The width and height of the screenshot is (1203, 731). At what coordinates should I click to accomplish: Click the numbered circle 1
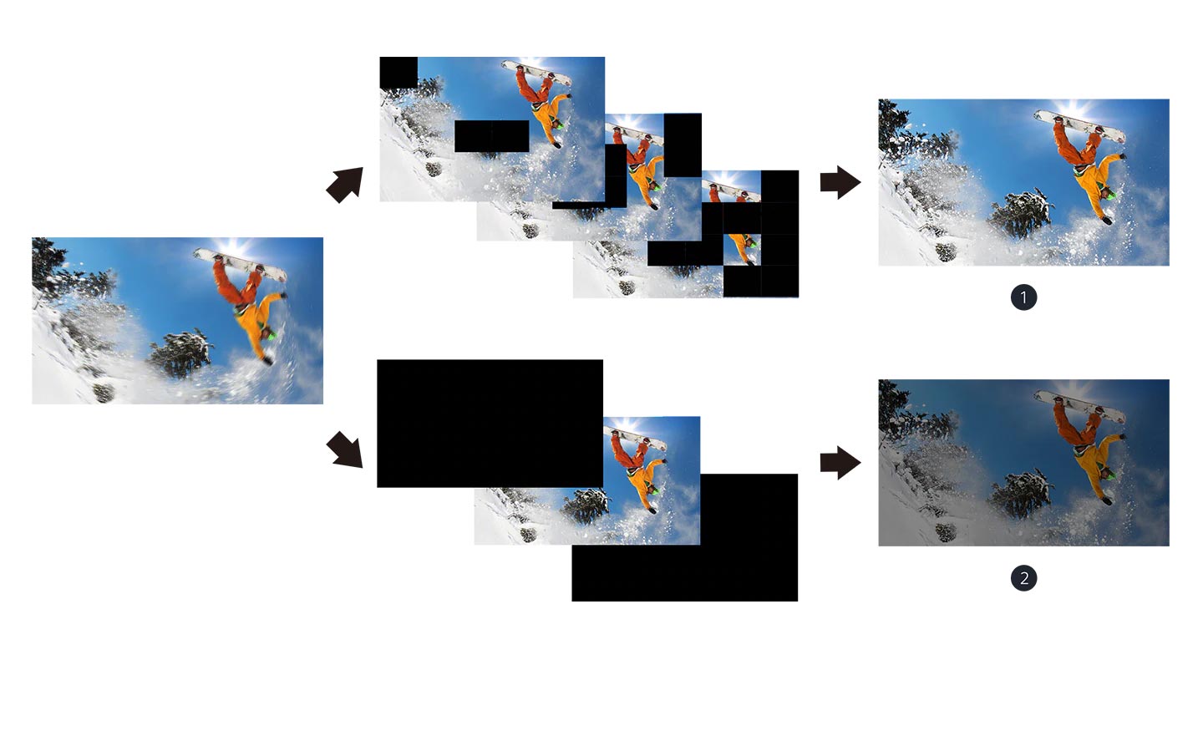coord(1023,297)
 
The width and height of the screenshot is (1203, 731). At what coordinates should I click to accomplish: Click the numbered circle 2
coord(1023,578)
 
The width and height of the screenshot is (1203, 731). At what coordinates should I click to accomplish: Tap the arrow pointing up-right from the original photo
coord(345,185)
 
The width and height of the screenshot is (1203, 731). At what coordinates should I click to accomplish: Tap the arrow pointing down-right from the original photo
coord(345,449)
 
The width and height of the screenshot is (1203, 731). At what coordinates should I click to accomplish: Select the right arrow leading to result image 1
coord(840,183)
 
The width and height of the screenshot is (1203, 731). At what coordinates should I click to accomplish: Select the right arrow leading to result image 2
coord(840,463)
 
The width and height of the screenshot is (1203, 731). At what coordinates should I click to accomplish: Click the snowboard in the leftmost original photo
coord(240,265)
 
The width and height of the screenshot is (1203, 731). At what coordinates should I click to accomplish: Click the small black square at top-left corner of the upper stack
coord(398,73)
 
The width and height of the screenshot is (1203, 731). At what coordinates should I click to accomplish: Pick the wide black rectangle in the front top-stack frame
coord(492,136)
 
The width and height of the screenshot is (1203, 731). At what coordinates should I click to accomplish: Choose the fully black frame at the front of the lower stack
coord(490,424)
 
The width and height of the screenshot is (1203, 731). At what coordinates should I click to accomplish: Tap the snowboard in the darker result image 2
coord(1079,407)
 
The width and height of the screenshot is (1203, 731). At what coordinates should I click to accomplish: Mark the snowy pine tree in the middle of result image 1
coord(1021,214)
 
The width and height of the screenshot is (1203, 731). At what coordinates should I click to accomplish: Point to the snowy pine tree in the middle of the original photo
coord(180,354)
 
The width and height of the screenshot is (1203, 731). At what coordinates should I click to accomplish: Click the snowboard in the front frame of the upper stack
coord(536,73)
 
